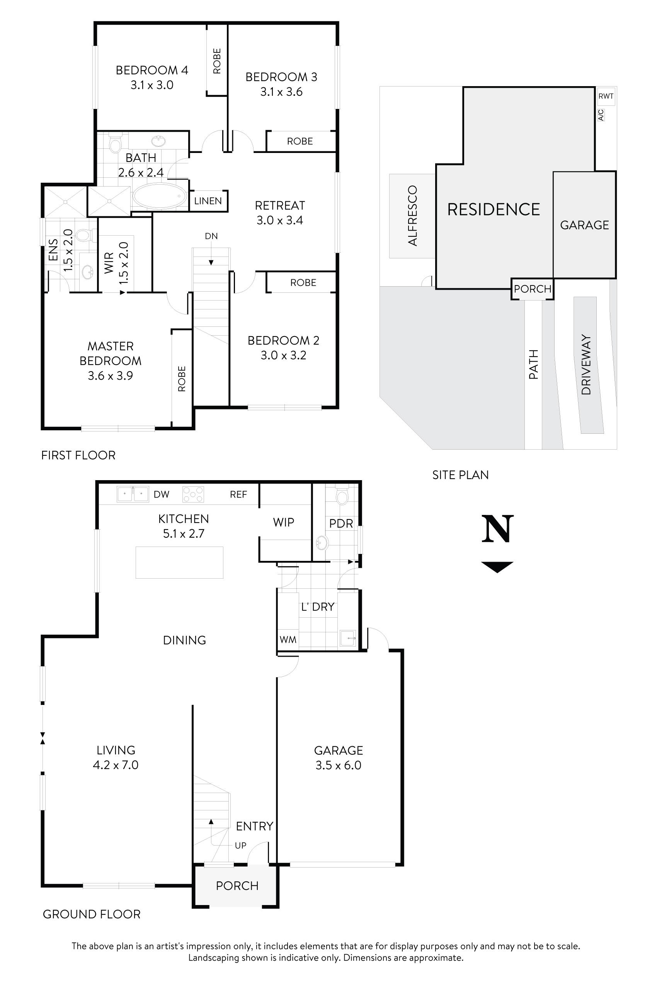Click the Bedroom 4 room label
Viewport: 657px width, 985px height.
(151, 70)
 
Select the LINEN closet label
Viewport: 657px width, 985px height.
(208, 201)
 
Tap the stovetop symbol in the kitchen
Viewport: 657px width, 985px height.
(193, 494)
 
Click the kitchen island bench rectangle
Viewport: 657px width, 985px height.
(179, 562)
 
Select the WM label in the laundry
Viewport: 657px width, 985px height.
(288, 640)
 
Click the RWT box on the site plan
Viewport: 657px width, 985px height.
(606, 96)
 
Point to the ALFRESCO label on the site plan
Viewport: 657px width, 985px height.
(413, 216)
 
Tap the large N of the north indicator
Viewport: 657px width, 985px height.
(497, 529)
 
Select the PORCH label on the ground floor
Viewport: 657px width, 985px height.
(237, 886)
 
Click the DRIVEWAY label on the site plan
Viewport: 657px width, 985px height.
(586, 364)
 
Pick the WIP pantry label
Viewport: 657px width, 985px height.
(284, 522)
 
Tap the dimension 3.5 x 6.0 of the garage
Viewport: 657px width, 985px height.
(339, 765)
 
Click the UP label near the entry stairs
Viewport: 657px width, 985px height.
(240, 845)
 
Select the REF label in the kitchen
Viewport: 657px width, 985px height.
(238, 494)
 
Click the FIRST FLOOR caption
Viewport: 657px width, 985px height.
(78, 455)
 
